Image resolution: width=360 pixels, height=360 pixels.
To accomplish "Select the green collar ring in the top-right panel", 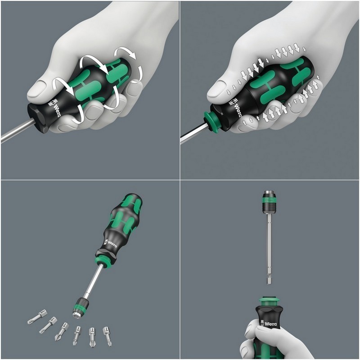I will click(x=211, y=122).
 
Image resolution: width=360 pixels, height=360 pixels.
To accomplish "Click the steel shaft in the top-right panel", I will click(x=191, y=138).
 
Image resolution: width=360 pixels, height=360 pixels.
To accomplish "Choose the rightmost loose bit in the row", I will click(x=107, y=335).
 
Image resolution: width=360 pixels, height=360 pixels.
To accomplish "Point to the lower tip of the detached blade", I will click(x=269, y=281).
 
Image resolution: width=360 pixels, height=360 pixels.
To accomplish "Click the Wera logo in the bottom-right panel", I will click(x=268, y=324).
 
